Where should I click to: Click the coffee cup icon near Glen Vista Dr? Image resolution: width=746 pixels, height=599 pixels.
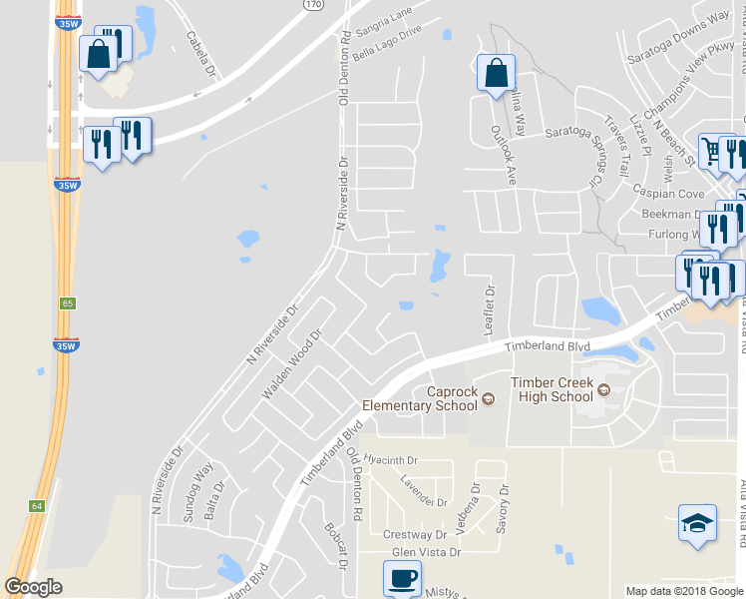tap(402, 577)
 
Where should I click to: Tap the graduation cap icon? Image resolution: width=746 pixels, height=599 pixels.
tap(697, 522)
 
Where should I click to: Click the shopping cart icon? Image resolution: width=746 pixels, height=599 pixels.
tap(712, 151)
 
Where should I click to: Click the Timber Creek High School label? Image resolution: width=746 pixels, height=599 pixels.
tap(552, 389)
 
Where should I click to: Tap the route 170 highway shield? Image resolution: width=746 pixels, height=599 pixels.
tap(313, 6)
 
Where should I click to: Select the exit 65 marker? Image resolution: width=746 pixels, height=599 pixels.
tap(67, 302)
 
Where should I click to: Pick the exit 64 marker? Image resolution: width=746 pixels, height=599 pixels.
tap(37, 506)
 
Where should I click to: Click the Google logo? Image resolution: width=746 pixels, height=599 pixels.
tap(34, 587)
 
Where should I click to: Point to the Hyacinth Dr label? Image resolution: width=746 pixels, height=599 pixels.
tap(390, 460)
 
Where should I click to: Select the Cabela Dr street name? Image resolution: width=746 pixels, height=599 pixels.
tap(200, 52)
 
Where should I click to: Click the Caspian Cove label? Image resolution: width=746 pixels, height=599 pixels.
tap(667, 193)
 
